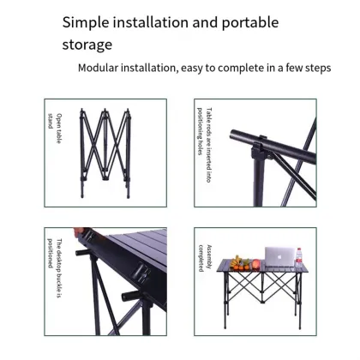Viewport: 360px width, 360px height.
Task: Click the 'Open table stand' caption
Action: (x=53, y=118)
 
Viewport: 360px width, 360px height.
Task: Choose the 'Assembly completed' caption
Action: (x=204, y=256)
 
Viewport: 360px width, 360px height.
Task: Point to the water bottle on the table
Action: (x=299, y=256)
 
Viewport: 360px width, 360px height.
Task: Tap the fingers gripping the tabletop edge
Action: (x=83, y=231)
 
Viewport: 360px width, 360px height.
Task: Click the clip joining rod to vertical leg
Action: (x=255, y=138)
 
